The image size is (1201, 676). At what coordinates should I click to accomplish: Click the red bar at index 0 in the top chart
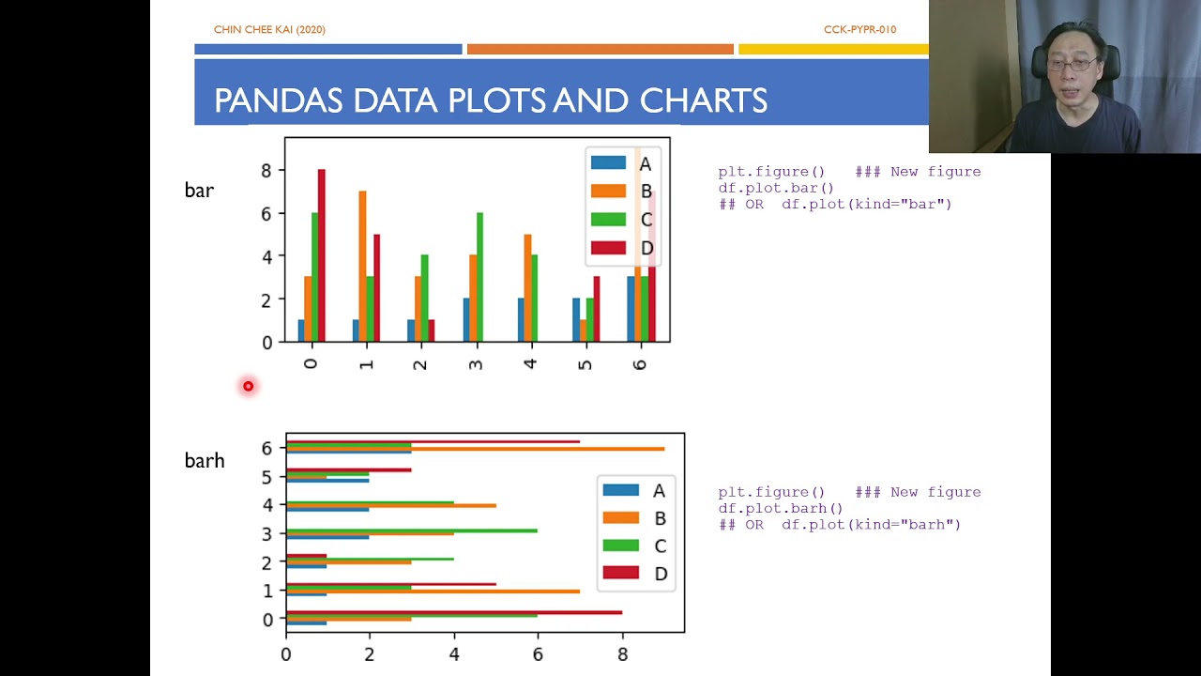pyautogui.click(x=321, y=255)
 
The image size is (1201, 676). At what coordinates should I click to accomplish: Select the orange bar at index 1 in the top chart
pyautogui.click(x=362, y=266)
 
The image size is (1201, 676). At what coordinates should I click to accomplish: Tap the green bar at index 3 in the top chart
pyautogui.click(x=479, y=277)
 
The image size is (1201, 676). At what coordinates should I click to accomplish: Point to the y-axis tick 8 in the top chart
pyautogui.click(x=266, y=171)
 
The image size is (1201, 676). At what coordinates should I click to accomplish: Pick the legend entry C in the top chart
pyautogui.click(x=621, y=220)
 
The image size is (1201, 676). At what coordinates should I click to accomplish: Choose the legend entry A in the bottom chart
pyautogui.click(x=634, y=490)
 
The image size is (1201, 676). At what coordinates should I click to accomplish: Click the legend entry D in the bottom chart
pyautogui.click(x=635, y=573)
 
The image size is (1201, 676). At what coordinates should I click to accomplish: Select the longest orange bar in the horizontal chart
pyautogui.click(x=475, y=449)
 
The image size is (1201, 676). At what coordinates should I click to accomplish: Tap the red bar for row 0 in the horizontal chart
pyautogui.click(x=453, y=612)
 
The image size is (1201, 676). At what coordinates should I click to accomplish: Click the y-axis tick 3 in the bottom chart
pyautogui.click(x=267, y=533)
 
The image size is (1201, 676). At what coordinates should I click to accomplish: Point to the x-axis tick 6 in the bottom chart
pyautogui.click(x=538, y=653)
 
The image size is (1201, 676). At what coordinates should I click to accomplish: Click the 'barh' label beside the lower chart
pyautogui.click(x=205, y=460)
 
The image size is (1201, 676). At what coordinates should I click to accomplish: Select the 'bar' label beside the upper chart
pyautogui.click(x=199, y=190)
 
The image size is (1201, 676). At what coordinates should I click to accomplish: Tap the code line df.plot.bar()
pyautogui.click(x=776, y=188)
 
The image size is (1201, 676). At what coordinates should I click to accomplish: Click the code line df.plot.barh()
pyautogui.click(x=781, y=508)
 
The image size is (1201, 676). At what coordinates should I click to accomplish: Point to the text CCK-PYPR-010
pyautogui.click(x=859, y=30)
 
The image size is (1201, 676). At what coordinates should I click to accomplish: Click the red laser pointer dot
pyautogui.click(x=248, y=386)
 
